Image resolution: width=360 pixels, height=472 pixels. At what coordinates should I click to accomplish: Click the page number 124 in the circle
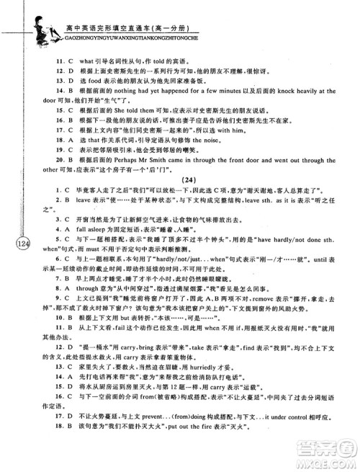(x=21, y=244)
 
